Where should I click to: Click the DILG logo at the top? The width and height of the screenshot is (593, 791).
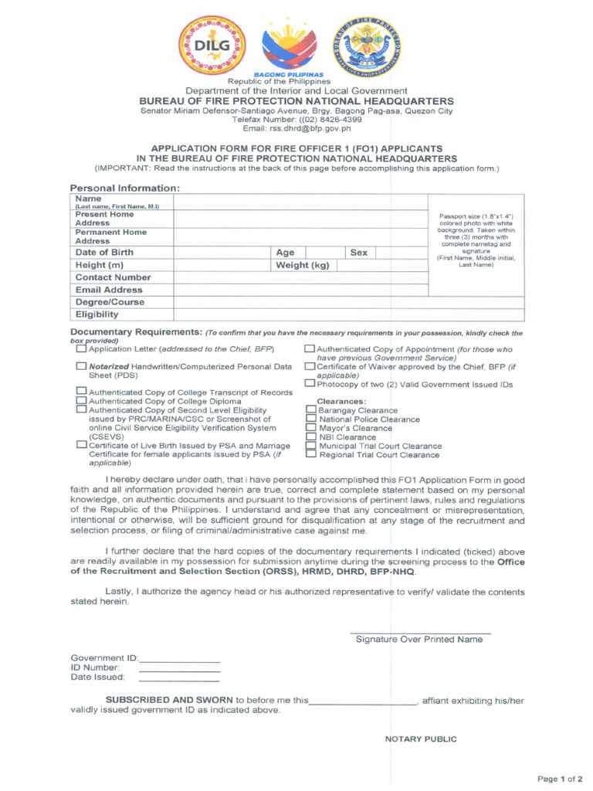pyautogui.click(x=212, y=45)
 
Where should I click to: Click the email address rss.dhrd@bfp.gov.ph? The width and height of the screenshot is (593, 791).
pyautogui.click(x=296, y=129)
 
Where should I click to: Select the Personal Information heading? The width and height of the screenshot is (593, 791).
pyautogui.click(x=124, y=188)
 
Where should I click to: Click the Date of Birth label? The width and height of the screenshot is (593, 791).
pyautogui.click(x=104, y=253)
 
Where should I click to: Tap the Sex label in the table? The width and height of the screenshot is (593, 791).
pyautogui.click(x=359, y=253)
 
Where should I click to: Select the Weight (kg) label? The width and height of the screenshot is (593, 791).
pyautogui.click(x=303, y=265)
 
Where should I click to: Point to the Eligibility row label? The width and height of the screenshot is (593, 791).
pyautogui.click(x=97, y=314)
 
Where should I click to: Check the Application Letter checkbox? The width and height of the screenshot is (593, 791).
pyautogui.click(x=81, y=349)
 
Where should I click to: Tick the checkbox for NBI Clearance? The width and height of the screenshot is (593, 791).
pyautogui.click(x=310, y=436)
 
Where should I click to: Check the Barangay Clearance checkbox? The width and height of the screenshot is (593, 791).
pyautogui.click(x=310, y=410)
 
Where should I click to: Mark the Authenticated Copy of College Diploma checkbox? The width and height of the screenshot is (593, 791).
pyautogui.click(x=81, y=401)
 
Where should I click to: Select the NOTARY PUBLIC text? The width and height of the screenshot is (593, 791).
pyautogui.click(x=421, y=739)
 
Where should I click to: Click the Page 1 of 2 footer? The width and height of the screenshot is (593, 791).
pyautogui.click(x=560, y=777)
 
